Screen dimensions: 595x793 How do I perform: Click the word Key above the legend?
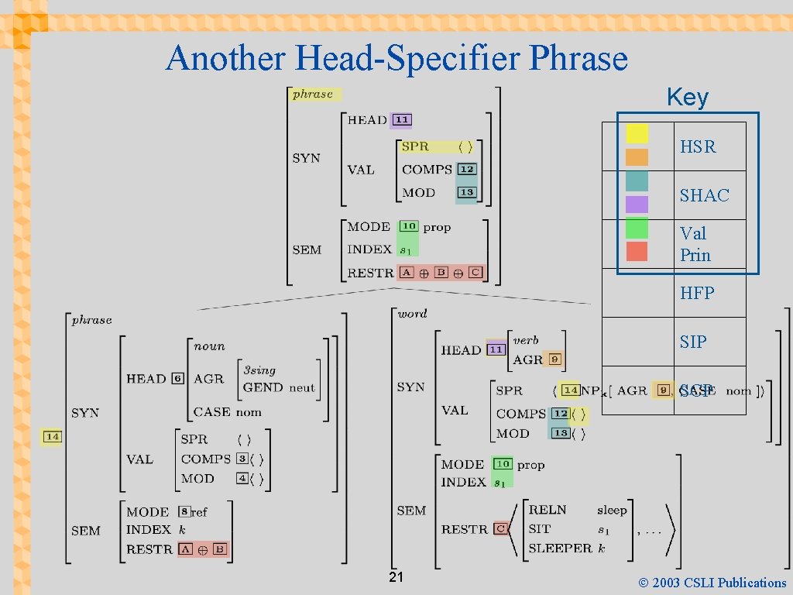(x=687, y=98)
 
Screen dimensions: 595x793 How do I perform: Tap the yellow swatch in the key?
(x=637, y=133)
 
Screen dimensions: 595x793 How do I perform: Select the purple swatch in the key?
(x=637, y=204)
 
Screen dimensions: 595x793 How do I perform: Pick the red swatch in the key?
(x=637, y=251)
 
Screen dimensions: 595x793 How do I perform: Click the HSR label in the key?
(x=698, y=146)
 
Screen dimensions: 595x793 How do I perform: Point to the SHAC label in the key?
(x=704, y=195)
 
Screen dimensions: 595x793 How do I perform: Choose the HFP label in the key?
(x=697, y=293)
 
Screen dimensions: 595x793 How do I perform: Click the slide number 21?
(x=396, y=578)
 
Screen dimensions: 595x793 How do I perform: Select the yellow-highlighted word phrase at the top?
(x=313, y=94)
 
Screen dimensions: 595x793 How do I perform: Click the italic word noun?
(x=209, y=346)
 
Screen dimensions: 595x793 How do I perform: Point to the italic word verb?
(x=526, y=340)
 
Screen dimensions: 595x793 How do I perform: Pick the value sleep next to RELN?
(x=612, y=510)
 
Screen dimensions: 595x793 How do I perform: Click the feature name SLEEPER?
(x=559, y=548)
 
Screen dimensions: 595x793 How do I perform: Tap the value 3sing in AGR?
(x=259, y=370)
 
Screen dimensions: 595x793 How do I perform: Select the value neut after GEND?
(x=302, y=387)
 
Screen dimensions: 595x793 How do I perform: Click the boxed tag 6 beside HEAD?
(x=177, y=379)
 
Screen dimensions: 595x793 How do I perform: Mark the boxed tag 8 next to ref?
(x=184, y=512)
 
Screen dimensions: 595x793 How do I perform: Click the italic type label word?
(x=412, y=314)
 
